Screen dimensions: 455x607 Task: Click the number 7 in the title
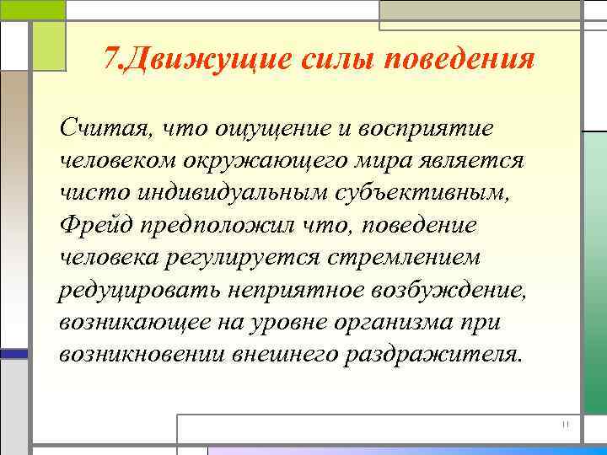[111, 61]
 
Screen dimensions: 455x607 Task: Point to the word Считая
[102, 127]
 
